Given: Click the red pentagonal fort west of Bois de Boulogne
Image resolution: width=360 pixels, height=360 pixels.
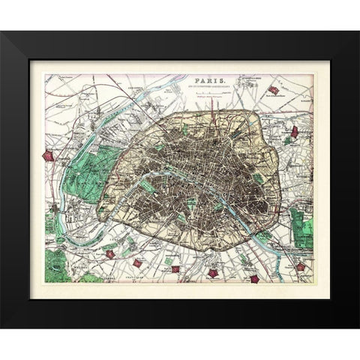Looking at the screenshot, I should (50, 156).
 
